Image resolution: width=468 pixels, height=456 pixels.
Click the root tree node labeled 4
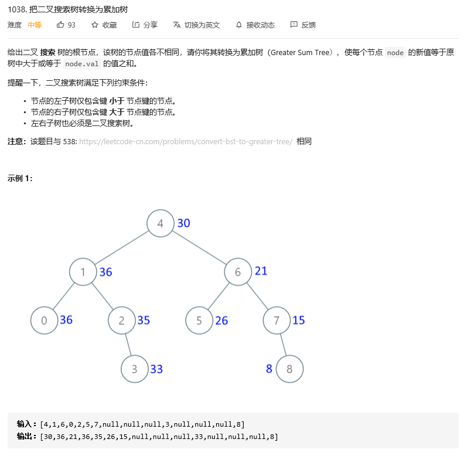(160, 223)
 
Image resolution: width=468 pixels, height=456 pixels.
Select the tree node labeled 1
(83, 272)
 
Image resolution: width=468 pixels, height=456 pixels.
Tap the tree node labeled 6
(238, 272)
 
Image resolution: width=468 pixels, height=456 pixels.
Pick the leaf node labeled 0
(45, 321)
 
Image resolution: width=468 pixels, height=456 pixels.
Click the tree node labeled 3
(135, 369)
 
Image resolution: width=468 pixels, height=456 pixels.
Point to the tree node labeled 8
(289, 369)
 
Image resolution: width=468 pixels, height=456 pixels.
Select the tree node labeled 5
(199, 321)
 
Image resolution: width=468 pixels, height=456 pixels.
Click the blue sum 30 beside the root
(184, 223)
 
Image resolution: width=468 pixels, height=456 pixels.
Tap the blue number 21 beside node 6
(261, 271)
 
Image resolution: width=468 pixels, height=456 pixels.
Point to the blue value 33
(156, 369)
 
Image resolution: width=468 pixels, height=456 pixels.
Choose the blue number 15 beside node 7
(299, 321)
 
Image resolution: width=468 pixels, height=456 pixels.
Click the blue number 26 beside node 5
(221, 321)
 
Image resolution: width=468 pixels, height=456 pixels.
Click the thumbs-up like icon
(60, 25)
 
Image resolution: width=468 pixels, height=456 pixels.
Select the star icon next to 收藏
(95, 25)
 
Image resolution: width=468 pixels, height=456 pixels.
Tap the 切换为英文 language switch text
(201, 25)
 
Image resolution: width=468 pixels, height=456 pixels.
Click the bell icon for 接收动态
(239, 25)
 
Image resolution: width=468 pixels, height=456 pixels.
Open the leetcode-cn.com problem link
(186, 142)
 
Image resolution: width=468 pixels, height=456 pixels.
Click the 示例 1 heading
(21, 178)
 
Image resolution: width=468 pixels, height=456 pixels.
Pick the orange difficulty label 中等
(35, 25)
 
